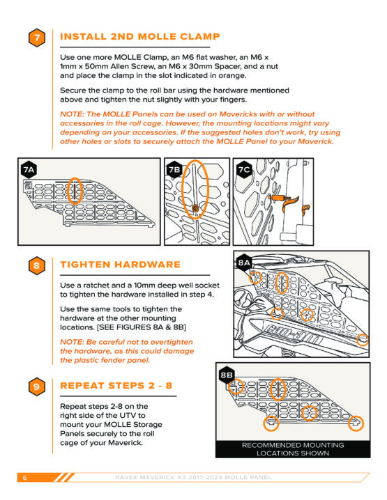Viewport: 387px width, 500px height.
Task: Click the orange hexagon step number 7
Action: click(37, 38)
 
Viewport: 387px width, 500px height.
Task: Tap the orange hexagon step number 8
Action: click(37, 265)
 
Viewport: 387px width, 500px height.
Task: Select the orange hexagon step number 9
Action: click(37, 386)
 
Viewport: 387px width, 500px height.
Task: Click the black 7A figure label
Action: click(29, 170)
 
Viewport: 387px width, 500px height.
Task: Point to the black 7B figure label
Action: click(174, 170)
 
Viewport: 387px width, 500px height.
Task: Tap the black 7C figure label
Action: click(244, 170)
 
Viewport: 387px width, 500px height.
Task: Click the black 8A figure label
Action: click(244, 263)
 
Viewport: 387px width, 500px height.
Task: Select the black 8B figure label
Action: click(227, 375)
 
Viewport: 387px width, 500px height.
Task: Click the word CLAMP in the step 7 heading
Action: click(200, 36)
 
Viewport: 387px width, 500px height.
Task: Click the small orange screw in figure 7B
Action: click(195, 208)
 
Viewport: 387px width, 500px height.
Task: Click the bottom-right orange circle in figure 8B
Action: click(356, 423)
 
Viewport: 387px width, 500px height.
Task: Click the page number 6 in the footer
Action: click(25, 477)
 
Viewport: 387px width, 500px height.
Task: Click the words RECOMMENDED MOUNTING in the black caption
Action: click(293, 445)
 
